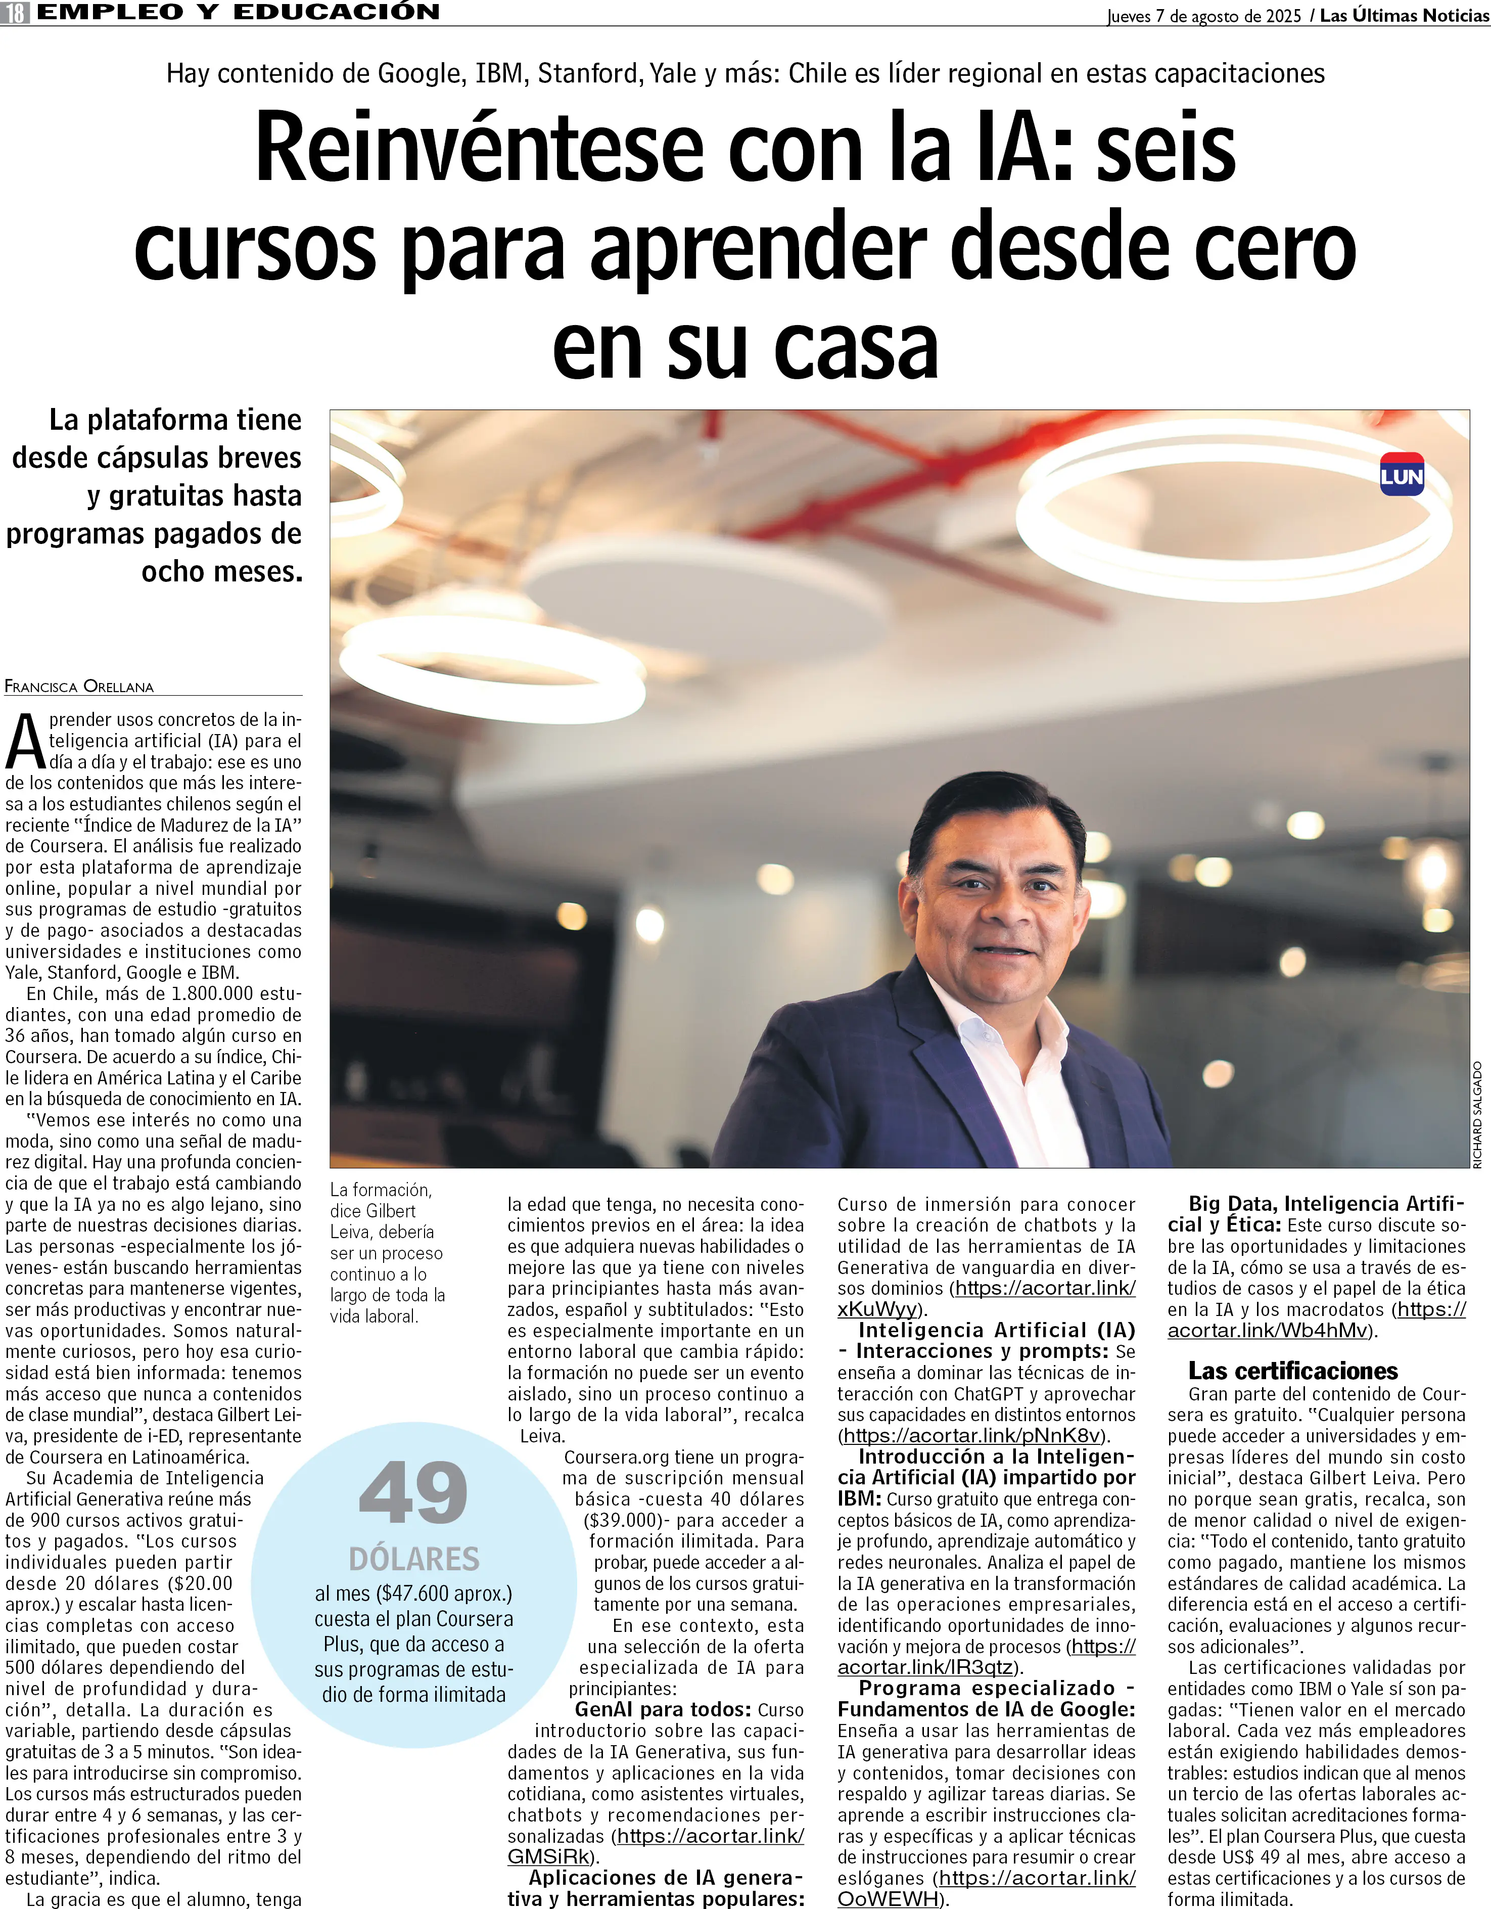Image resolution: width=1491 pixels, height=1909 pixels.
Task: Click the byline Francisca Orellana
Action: pyautogui.click(x=79, y=686)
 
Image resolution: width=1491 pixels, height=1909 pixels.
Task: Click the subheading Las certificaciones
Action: pyautogui.click(x=1292, y=1371)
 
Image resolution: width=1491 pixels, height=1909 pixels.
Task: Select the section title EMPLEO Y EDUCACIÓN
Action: pyautogui.click(x=238, y=12)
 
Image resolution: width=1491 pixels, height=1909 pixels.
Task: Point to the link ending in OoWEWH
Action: pyautogui.click(x=887, y=1898)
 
